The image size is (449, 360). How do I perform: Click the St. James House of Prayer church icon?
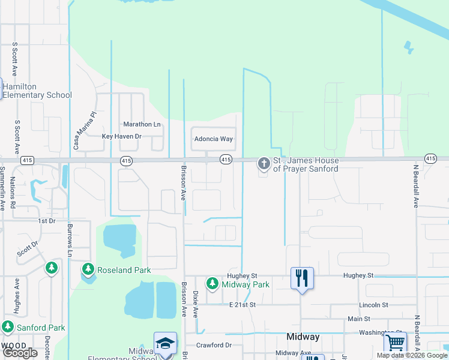264,163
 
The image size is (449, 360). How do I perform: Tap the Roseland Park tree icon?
88,269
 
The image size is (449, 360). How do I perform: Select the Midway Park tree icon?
212,283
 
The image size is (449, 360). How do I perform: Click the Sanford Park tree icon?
8,327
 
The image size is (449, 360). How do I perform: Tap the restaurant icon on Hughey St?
302,278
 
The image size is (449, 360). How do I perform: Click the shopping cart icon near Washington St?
395,343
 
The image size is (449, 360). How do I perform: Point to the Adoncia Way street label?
213,139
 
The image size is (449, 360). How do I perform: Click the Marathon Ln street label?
142,124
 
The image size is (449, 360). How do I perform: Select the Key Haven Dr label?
121,137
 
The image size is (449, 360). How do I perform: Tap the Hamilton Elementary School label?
37,91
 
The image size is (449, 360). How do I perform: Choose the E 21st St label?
243,305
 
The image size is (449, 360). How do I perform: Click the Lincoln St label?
373,305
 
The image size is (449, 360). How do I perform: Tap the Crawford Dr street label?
213,346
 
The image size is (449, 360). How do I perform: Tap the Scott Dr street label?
27,248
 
